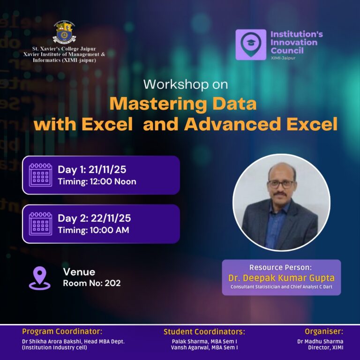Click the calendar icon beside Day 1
pos(40,175)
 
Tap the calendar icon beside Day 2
pos(40,224)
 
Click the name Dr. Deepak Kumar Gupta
pos(281,278)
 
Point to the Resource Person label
pos(280,268)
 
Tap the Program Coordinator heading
pos(62,331)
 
